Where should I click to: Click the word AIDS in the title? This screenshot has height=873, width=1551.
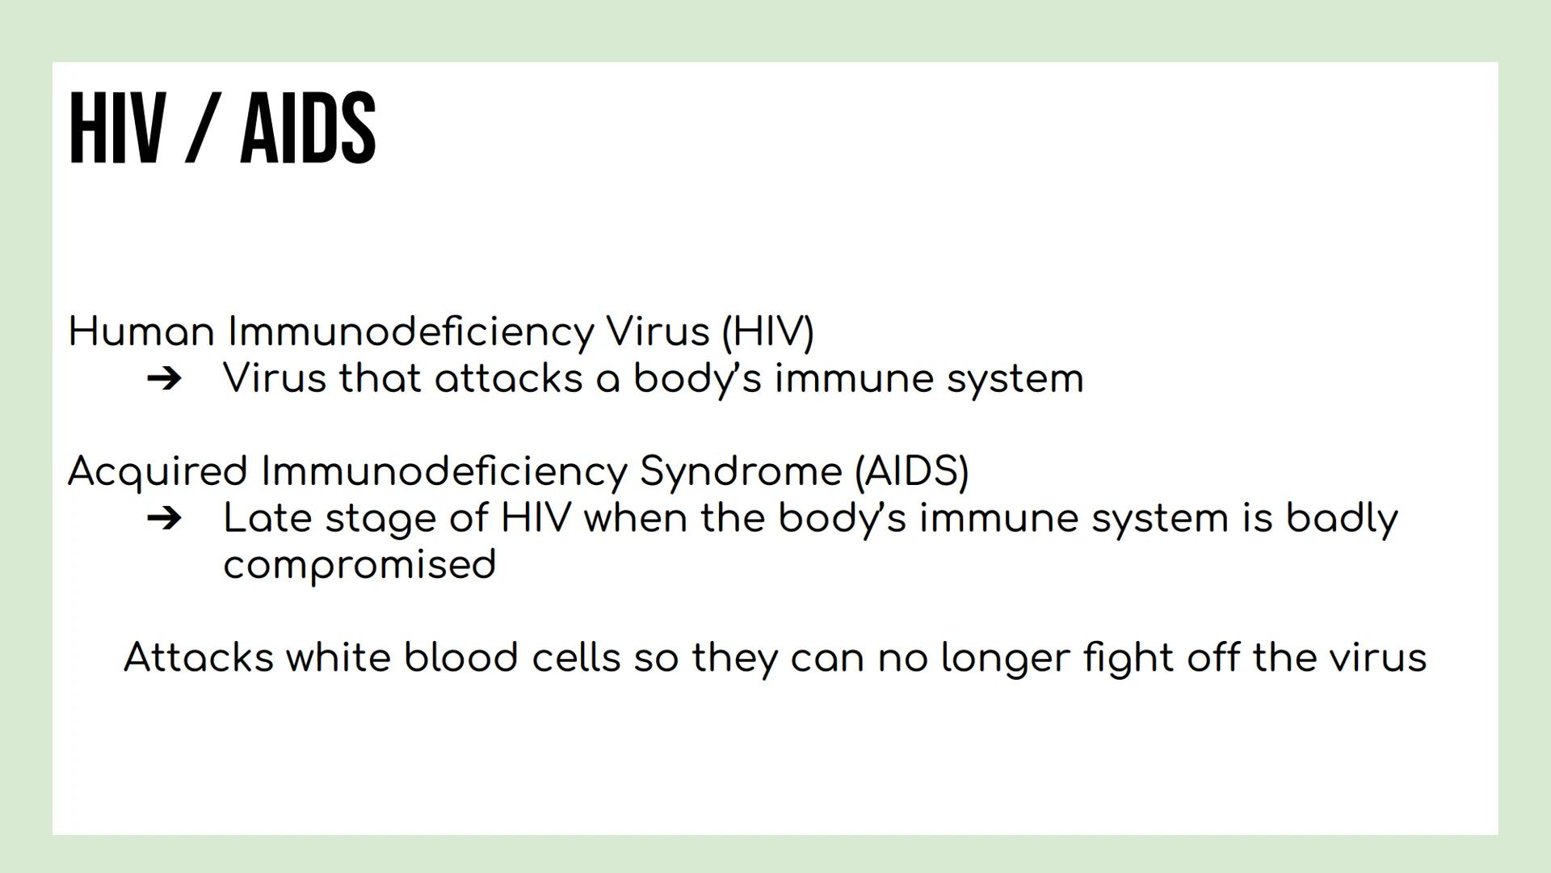tap(308, 128)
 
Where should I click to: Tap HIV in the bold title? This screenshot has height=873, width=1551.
tap(117, 128)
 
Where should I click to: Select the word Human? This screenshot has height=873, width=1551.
tap(141, 331)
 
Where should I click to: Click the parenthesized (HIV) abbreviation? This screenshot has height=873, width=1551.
tap(767, 331)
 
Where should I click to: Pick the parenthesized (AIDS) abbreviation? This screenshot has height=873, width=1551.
tap(911, 471)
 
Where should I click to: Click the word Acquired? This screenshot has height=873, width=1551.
tap(158, 471)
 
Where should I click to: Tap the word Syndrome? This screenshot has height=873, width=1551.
tap(741, 471)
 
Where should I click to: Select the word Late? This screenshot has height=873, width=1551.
tap(267, 518)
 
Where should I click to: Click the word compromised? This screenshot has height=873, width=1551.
tap(359, 565)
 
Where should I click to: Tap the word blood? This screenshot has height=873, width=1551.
tap(460, 657)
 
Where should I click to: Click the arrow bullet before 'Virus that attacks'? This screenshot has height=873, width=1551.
tap(165, 378)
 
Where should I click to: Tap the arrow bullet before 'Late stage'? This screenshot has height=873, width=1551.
tap(165, 518)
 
